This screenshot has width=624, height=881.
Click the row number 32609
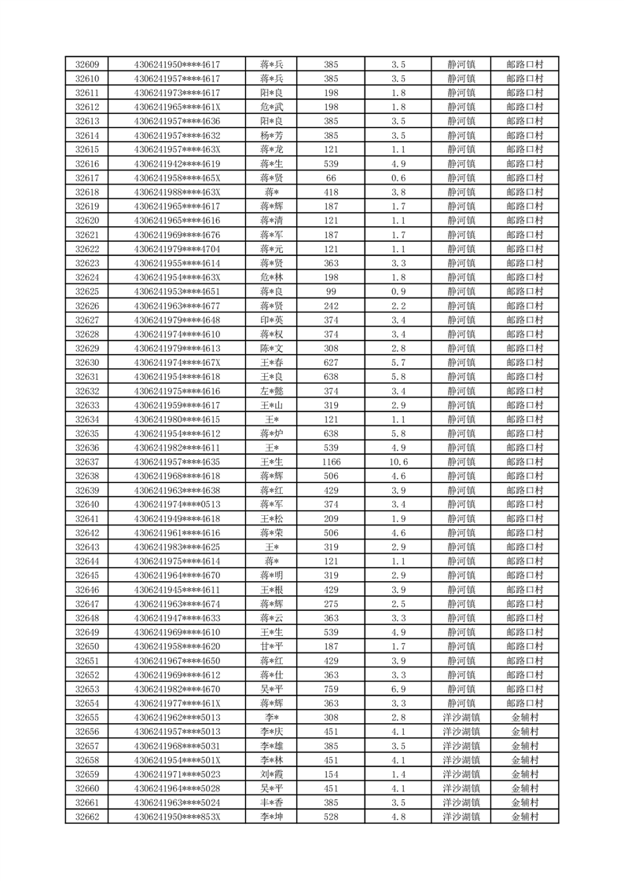[87, 64]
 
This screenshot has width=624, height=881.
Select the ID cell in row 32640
[178, 504]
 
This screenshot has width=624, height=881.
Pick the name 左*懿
[272, 391]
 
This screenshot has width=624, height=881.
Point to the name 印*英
[272, 320]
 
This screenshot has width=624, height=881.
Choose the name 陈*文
[272, 348]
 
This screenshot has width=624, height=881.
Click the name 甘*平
[272, 646]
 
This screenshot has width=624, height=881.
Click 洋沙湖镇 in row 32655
[461, 717]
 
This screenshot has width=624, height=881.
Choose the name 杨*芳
[272, 135]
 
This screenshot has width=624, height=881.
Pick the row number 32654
[87, 703]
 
